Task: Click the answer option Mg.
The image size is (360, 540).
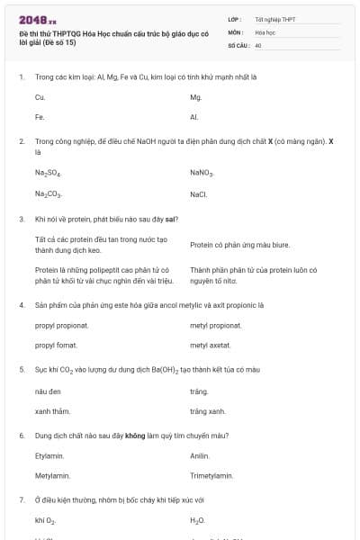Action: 195,96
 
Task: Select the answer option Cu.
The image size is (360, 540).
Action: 40,96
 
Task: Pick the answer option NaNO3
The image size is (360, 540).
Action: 202,173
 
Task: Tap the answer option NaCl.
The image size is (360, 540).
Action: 199,194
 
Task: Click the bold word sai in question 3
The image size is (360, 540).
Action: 170,219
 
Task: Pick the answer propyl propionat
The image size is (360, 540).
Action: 61,326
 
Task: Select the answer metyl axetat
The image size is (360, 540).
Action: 210,345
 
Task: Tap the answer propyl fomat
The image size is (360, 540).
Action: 56,345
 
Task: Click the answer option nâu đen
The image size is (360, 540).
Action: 47,391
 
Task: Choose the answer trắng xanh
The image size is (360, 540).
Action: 207,411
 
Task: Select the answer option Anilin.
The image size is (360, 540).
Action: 200,456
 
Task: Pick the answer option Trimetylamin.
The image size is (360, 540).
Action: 211,475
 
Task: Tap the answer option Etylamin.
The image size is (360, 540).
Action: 49,456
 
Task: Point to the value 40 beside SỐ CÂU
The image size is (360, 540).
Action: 258,45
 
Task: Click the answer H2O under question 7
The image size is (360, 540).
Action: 197,521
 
